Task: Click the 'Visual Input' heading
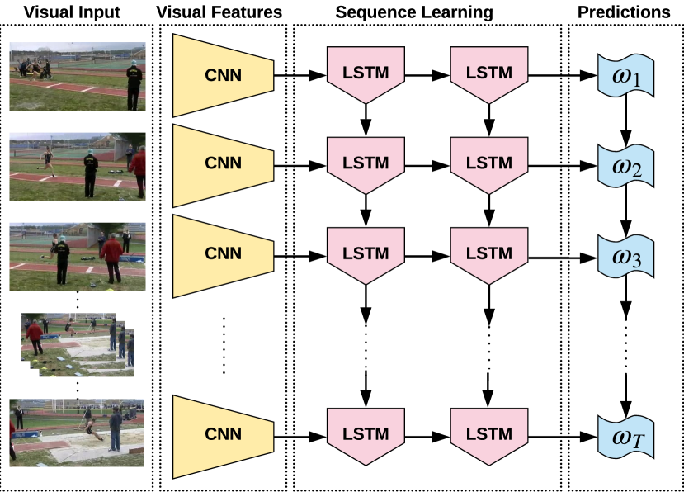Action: tap(72, 12)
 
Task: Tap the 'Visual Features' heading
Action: tap(219, 12)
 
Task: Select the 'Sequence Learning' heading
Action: tap(414, 12)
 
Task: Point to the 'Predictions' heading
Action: tap(624, 12)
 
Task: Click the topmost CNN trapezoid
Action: tap(224, 75)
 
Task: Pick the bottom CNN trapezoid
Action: tap(224, 437)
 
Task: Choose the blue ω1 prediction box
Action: tap(625, 75)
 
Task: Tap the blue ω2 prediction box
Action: tap(625, 166)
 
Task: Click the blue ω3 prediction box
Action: tap(625, 257)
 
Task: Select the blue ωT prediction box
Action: tap(625, 437)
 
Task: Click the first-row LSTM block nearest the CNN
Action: tap(366, 75)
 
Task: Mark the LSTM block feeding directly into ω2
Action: tap(489, 165)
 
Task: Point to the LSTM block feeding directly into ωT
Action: tap(489, 437)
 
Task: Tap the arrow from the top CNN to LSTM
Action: tap(300, 75)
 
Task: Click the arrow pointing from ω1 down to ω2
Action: tap(626, 121)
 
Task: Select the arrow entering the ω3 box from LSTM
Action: tap(563, 258)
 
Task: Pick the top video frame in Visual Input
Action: tap(78, 76)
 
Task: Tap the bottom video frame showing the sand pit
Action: tap(77, 433)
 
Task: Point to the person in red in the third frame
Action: tap(112, 258)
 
